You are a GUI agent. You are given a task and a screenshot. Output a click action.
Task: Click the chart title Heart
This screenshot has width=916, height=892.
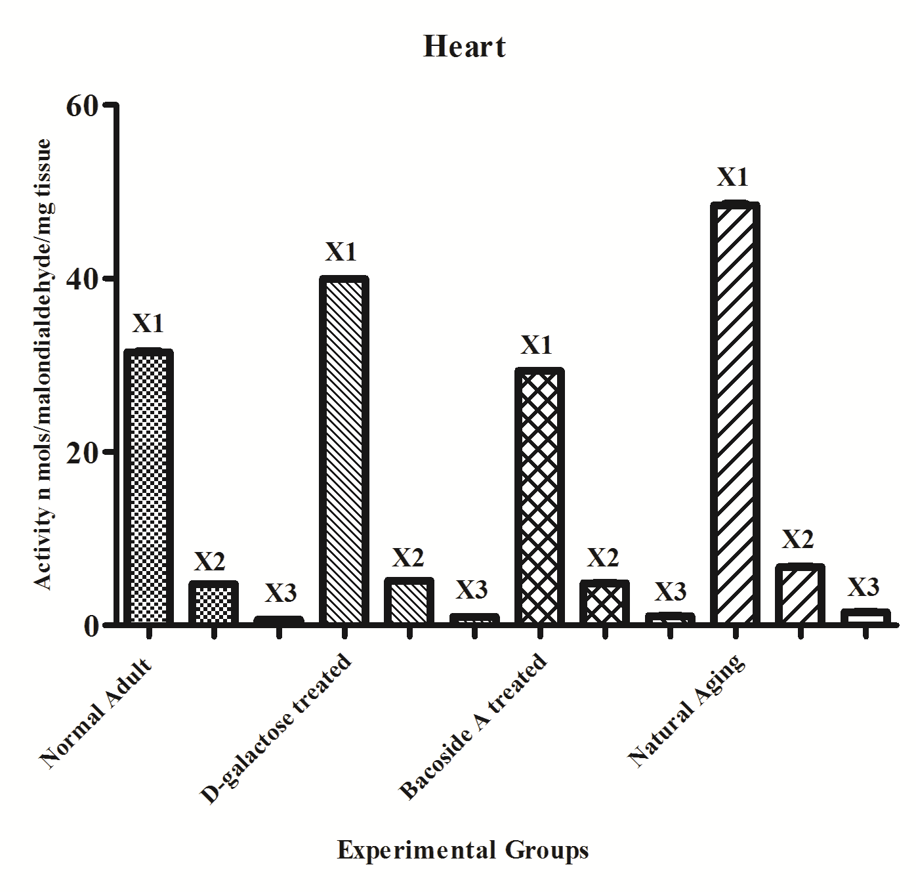tap(465, 47)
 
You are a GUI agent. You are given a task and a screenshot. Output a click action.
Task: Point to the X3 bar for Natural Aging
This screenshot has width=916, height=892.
tap(864, 616)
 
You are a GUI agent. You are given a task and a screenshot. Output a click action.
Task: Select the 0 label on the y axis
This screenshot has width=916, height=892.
tap(91, 626)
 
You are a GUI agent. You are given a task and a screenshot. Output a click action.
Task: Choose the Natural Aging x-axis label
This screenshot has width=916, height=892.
tap(688, 710)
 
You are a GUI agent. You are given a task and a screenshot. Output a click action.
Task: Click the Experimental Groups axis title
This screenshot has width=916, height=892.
tap(463, 851)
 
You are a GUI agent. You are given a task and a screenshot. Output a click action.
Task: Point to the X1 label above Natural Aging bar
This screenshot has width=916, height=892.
tap(732, 177)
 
